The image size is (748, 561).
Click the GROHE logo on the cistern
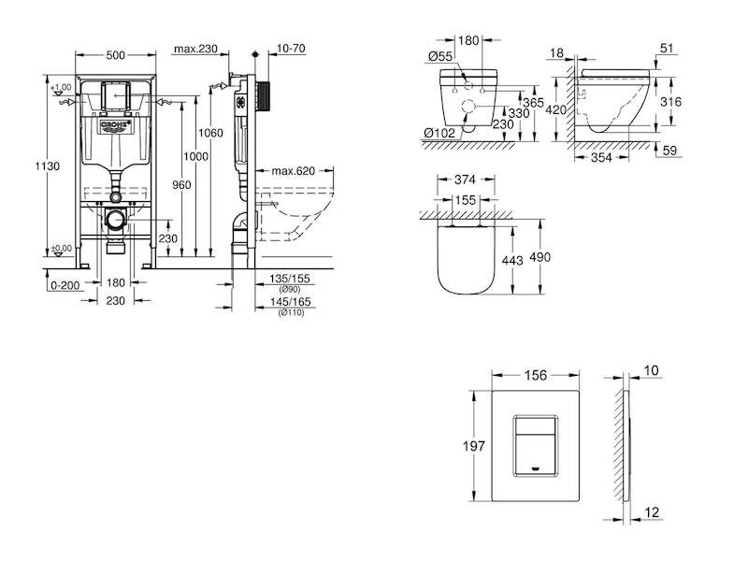click(x=115, y=126)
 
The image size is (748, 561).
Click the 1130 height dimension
click(x=48, y=166)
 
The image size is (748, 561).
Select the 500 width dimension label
click(x=115, y=55)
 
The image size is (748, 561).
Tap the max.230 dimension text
click(x=195, y=49)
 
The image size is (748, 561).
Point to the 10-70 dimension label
click(x=291, y=49)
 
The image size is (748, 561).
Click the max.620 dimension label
click(x=294, y=171)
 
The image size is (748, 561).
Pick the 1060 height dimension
click(x=210, y=133)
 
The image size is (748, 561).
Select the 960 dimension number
click(x=181, y=184)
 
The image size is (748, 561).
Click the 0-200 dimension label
click(x=65, y=285)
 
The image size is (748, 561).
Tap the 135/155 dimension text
click(x=290, y=279)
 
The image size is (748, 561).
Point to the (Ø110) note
click(x=291, y=313)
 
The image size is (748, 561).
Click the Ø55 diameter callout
click(x=440, y=56)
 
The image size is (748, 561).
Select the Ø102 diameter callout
click(x=439, y=133)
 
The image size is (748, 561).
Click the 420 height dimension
click(x=555, y=110)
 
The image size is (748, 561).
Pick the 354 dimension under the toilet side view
click(x=601, y=157)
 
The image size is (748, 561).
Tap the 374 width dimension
click(x=465, y=180)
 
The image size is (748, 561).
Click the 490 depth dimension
click(x=540, y=257)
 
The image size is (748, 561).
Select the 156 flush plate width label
click(x=536, y=376)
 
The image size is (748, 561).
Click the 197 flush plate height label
click(x=474, y=446)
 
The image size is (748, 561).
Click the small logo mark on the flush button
click(x=536, y=468)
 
